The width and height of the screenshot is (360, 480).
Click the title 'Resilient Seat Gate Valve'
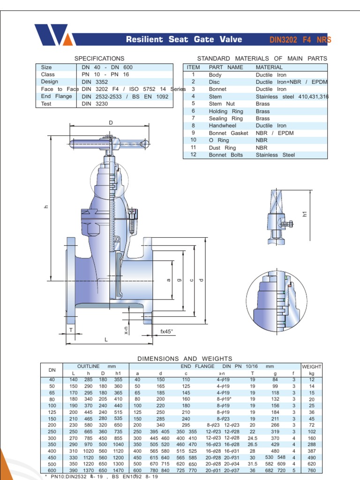click(184, 39)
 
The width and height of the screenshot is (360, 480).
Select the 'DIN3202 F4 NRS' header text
click(300, 40)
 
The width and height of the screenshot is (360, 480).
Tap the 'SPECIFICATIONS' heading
click(99, 59)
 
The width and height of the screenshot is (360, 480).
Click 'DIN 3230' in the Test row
click(95, 104)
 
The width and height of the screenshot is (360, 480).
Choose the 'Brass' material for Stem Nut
click(262, 104)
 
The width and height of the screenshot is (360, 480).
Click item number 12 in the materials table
click(193, 155)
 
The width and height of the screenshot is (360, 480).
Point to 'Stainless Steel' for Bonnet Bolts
click(275, 155)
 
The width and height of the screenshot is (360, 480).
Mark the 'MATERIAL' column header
click(269, 67)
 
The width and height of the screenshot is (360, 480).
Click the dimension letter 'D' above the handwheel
click(111, 123)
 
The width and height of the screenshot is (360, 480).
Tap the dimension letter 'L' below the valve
click(106, 339)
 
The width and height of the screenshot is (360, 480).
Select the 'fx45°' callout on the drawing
click(167, 331)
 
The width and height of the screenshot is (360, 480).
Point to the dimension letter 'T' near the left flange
click(71, 330)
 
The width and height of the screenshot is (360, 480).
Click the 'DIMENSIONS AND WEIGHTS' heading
click(185, 359)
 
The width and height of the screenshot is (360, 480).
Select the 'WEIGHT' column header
click(312, 366)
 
